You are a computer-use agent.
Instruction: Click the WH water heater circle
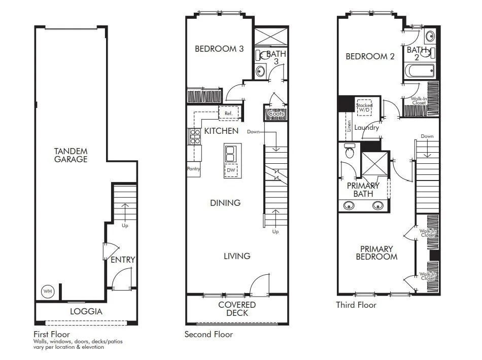coord(47,292)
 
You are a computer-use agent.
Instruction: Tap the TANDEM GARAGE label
coord(72,155)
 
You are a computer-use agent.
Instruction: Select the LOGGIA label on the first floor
coord(86,311)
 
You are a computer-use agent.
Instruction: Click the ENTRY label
coord(123,260)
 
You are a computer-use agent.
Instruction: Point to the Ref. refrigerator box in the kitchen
coord(228,114)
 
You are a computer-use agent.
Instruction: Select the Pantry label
coord(193,169)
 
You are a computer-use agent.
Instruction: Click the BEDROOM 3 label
coord(219,49)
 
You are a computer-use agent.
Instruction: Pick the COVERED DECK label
coord(237,309)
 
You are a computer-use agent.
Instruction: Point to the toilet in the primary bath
coord(349,151)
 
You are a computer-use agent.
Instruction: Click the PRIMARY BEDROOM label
coord(376,253)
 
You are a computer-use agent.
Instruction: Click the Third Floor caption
coord(356,305)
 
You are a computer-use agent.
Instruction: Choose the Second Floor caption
coord(209,334)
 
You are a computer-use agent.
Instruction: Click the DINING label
coord(225,203)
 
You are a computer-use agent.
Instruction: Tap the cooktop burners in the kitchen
coord(195,135)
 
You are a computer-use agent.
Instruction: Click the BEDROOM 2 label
coord(370,57)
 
